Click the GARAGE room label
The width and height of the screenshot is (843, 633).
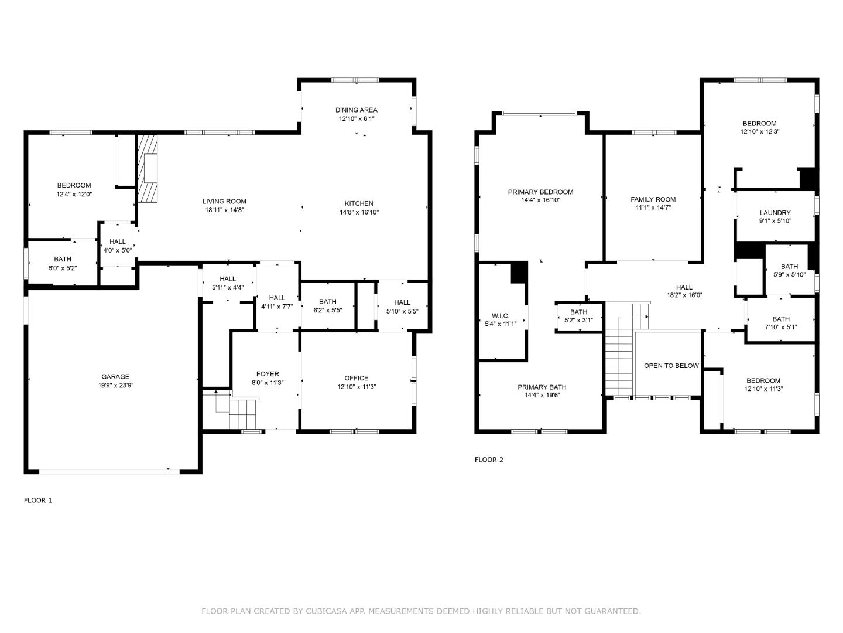tap(115, 377)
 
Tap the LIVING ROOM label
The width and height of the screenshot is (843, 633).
tap(224, 201)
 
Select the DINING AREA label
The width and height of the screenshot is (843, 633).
tap(356, 110)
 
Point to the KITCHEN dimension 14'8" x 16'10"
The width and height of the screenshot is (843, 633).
tap(359, 212)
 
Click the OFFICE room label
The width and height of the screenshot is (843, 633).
tap(356, 378)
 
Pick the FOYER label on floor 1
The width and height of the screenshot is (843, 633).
tap(268, 374)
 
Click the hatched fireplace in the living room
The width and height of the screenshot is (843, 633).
tap(149, 169)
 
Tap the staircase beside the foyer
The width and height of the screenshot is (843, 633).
tap(237, 411)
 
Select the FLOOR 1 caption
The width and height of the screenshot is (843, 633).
tap(38, 500)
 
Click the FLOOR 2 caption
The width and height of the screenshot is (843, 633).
tap(489, 460)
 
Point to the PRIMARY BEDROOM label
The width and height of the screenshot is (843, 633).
tap(540, 192)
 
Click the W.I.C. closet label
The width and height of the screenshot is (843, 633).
tap(501, 315)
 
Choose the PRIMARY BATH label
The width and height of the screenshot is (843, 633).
tap(542, 387)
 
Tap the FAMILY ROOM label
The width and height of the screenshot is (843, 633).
tap(653, 199)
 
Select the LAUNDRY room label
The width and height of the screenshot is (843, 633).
tap(775, 213)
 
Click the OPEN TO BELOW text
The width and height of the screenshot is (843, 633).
tap(671, 366)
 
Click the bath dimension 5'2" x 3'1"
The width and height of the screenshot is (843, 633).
tap(578, 320)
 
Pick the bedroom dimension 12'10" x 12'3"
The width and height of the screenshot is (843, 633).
tap(759, 132)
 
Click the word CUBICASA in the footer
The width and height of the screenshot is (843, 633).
tap(324, 611)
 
